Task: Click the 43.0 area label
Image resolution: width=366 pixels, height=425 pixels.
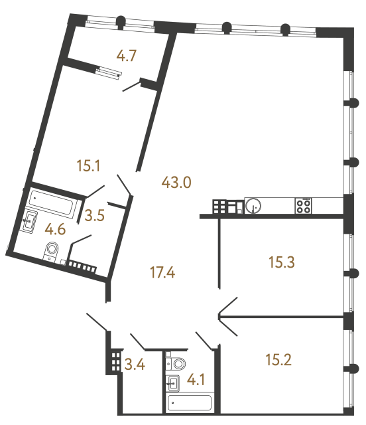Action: pos(176,181)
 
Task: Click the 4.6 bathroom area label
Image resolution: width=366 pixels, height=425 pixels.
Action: pos(55,230)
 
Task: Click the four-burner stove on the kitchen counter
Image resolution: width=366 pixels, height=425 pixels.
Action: pos(304,206)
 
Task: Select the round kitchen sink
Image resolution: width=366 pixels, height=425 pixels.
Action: pos(253,206)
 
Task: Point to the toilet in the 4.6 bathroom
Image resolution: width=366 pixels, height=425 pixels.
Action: pos(52,251)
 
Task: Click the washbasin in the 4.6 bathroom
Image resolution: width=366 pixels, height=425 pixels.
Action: pos(29,222)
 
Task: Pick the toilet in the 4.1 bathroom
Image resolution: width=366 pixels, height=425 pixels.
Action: pos(178,363)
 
